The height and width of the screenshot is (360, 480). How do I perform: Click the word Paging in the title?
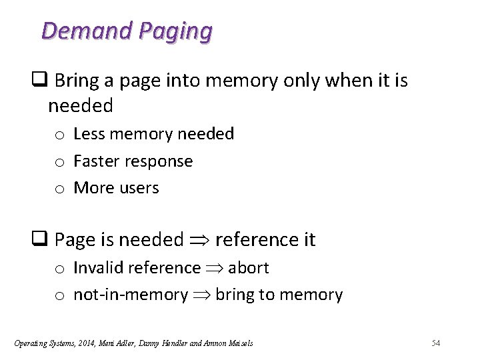click(x=175, y=31)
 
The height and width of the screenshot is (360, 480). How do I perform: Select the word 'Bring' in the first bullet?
click(x=76, y=81)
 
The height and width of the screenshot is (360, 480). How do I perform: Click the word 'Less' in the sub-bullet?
click(x=89, y=134)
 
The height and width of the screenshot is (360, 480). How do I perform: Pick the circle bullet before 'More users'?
click(x=59, y=189)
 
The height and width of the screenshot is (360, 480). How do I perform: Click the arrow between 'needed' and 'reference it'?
click(x=199, y=240)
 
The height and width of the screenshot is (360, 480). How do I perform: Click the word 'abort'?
click(x=248, y=268)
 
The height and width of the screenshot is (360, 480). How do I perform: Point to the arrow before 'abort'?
click(x=214, y=269)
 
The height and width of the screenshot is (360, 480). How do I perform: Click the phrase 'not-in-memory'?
click(x=131, y=295)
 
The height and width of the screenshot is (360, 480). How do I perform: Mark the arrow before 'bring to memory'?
click(x=201, y=295)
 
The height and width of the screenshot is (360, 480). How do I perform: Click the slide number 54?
click(x=436, y=343)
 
